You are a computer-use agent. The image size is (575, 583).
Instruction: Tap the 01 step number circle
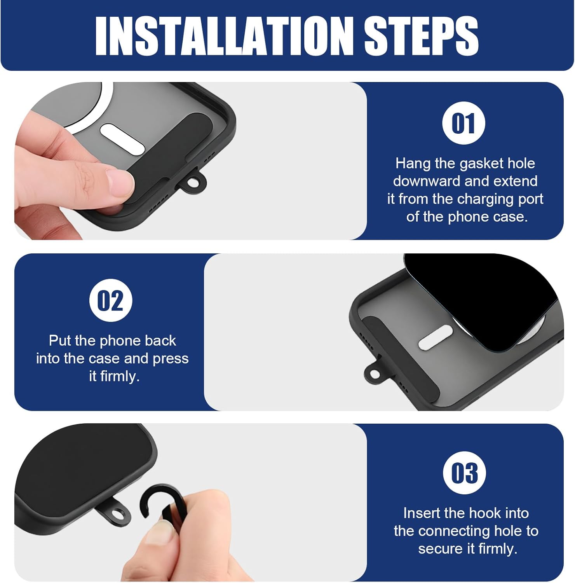(464, 123)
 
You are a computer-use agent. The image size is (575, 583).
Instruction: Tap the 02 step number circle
(111, 300)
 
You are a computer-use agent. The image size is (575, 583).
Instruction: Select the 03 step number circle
(465, 473)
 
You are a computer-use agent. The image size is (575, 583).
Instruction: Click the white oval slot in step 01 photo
(122, 139)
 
